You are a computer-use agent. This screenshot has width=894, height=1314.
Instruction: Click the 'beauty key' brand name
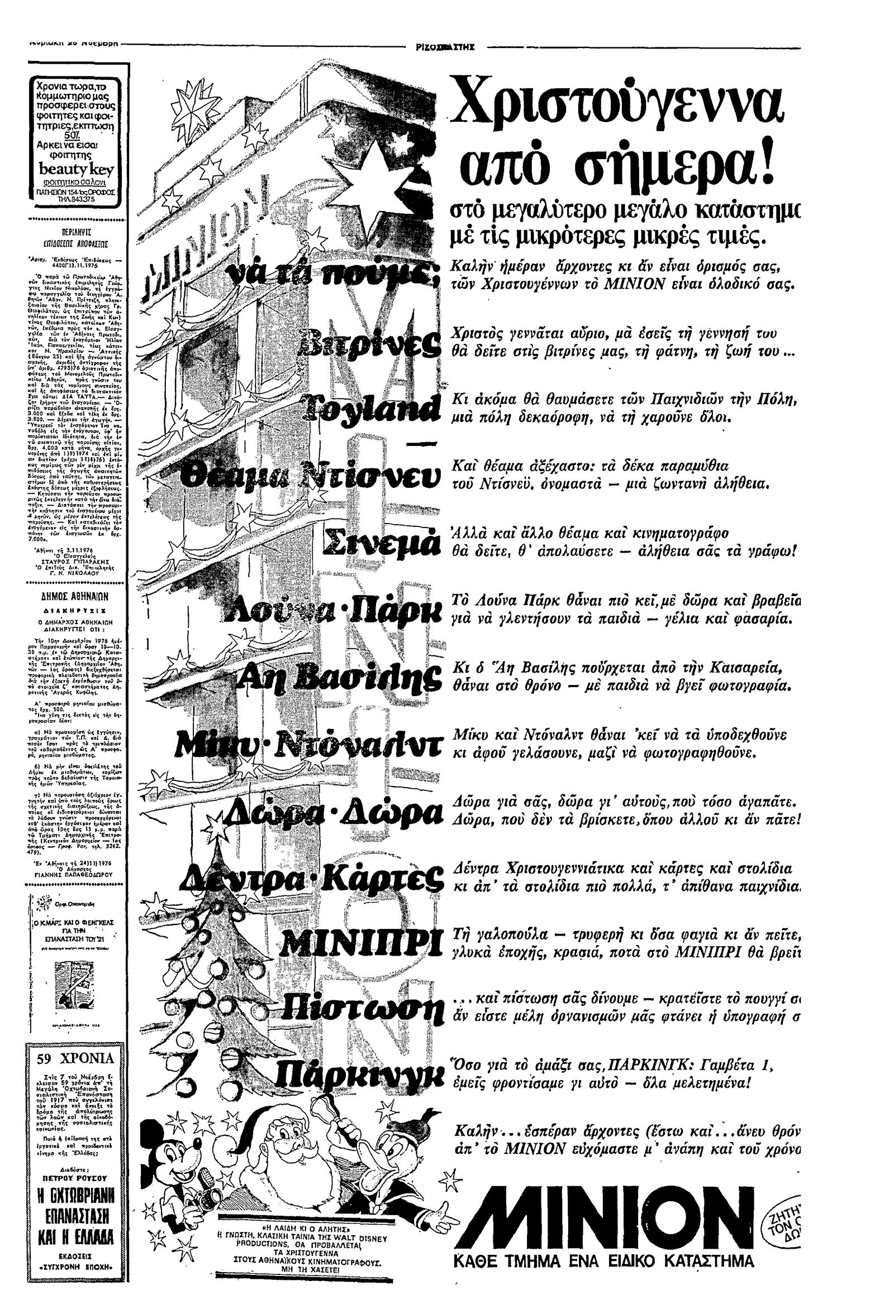tap(75, 170)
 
